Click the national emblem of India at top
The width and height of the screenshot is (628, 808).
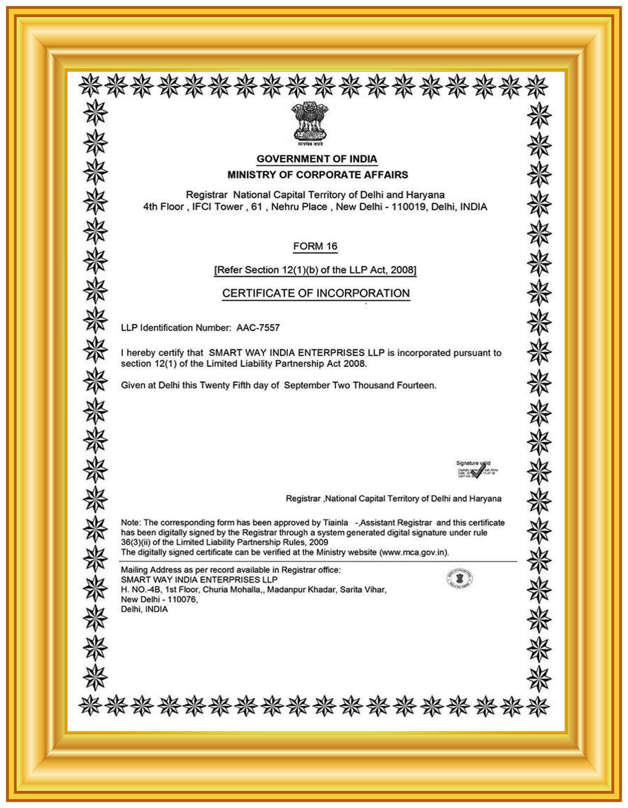pos(310,122)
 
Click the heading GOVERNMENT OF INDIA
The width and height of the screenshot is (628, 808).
pos(317,159)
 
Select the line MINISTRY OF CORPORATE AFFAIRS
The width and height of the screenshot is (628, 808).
pos(317,175)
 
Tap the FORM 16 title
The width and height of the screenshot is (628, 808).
pos(315,246)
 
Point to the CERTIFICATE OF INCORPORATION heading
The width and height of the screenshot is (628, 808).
pos(316,293)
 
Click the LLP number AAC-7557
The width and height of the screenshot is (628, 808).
pos(258,328)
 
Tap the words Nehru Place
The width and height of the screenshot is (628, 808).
pos(299,207)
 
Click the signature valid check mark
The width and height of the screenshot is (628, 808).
pos(479,470)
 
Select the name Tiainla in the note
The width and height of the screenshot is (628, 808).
pos(335,523)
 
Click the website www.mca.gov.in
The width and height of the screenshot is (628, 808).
pos(413,552)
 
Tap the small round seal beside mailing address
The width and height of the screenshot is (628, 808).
pos(459,578)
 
